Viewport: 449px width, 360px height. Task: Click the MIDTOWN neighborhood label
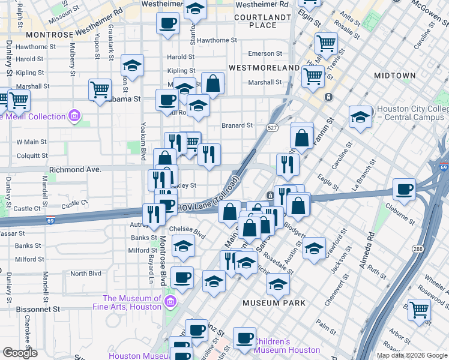(394, 76)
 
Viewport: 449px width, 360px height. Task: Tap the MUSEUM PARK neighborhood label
(270, 303)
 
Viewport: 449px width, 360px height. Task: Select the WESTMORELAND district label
(264, 68)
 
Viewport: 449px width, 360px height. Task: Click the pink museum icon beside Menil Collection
(75, 116)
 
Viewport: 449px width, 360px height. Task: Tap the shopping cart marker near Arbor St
(419, 310)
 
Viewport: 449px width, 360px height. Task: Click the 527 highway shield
(273, 128)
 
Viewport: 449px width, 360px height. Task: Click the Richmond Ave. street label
(76, 170)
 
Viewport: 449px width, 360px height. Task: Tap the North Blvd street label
(86, 274)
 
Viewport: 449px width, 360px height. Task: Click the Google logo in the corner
(20, 352)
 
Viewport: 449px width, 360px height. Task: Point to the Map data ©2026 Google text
(411, 355)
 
